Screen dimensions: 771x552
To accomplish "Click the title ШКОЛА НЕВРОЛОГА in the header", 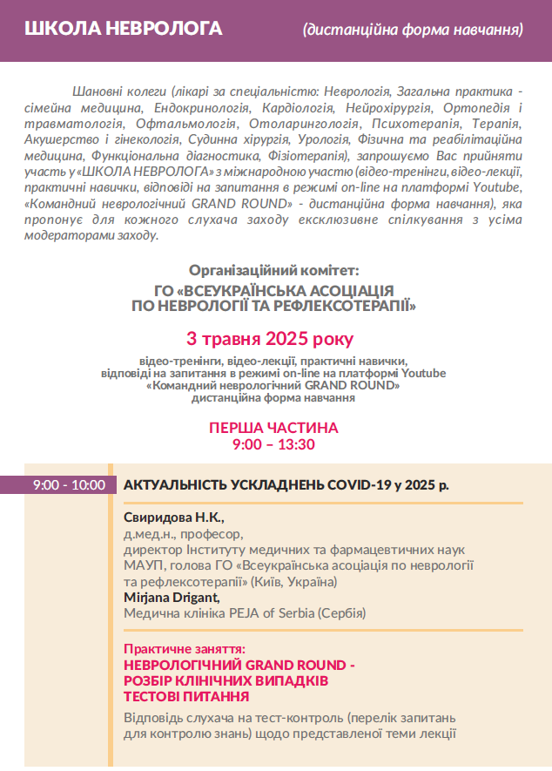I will coord(124,29).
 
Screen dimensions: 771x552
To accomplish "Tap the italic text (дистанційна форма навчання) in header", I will coord(413,30).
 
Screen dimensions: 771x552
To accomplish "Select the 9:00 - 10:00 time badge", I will coord(69,485).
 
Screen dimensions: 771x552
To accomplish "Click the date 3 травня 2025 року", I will coord(270,338).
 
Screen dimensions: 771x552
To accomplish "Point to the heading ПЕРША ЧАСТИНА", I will coord(273,428).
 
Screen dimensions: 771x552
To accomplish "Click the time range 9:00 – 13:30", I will coord(273,444).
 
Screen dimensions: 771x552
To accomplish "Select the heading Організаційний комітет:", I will coord(273,271).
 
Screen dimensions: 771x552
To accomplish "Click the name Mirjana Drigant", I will coord(172,598).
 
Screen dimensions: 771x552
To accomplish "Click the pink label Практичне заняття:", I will coord(185,649).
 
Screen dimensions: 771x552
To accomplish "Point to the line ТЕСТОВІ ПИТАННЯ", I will coord(186,697).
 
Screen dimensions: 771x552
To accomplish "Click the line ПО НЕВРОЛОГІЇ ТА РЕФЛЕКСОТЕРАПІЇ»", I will coord(273,306).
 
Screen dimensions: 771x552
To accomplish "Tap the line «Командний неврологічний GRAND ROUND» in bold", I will coord(273,384).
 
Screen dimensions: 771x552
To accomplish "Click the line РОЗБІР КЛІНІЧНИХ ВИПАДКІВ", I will coord(226,681).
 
